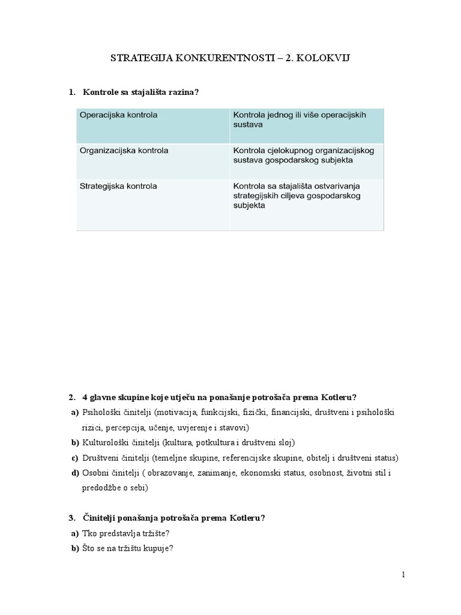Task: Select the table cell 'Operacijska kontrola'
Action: (x=118, y=115)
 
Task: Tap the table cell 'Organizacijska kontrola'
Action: (x=124, y=150)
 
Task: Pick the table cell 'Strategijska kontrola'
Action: (x=118, y=186)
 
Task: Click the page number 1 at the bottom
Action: (x=403, y=575)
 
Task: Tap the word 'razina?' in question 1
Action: (x=181, y=92)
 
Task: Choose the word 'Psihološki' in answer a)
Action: (x=100, y=413)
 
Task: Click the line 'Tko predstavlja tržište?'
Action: (x=127, y=533)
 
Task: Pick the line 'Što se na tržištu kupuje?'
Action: (x=128, y=548)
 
